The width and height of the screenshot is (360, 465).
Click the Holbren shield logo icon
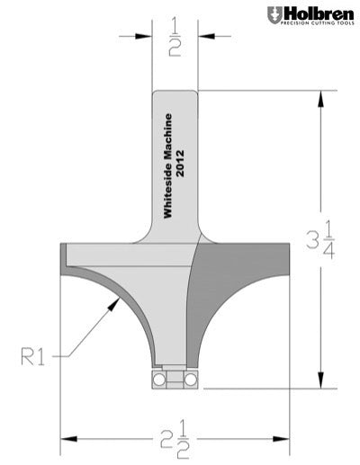[274, 15]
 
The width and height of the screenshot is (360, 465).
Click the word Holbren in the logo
[318, 13]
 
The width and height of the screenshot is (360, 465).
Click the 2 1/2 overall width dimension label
[174, 442]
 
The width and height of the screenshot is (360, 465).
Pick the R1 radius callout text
[34, 357]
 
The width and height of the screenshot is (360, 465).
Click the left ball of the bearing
[158, 380]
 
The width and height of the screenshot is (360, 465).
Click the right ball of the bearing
[191, 380]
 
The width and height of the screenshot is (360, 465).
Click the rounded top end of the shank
[174, 93]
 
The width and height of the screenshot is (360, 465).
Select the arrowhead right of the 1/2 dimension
[202, 37]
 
